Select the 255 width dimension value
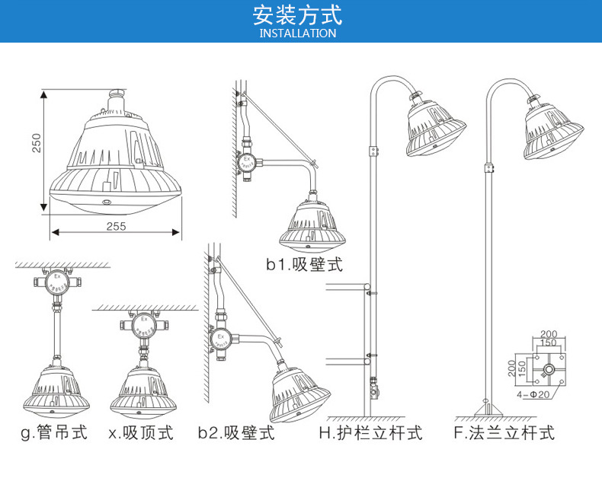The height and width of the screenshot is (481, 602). (x=116, y=226)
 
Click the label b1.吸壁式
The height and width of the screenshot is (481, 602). (x=304, y=265)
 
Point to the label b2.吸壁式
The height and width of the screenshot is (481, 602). (x=235, y=433)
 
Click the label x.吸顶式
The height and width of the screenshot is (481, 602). (x=140, y=433)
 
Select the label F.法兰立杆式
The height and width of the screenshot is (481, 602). (x=504, y=433)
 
